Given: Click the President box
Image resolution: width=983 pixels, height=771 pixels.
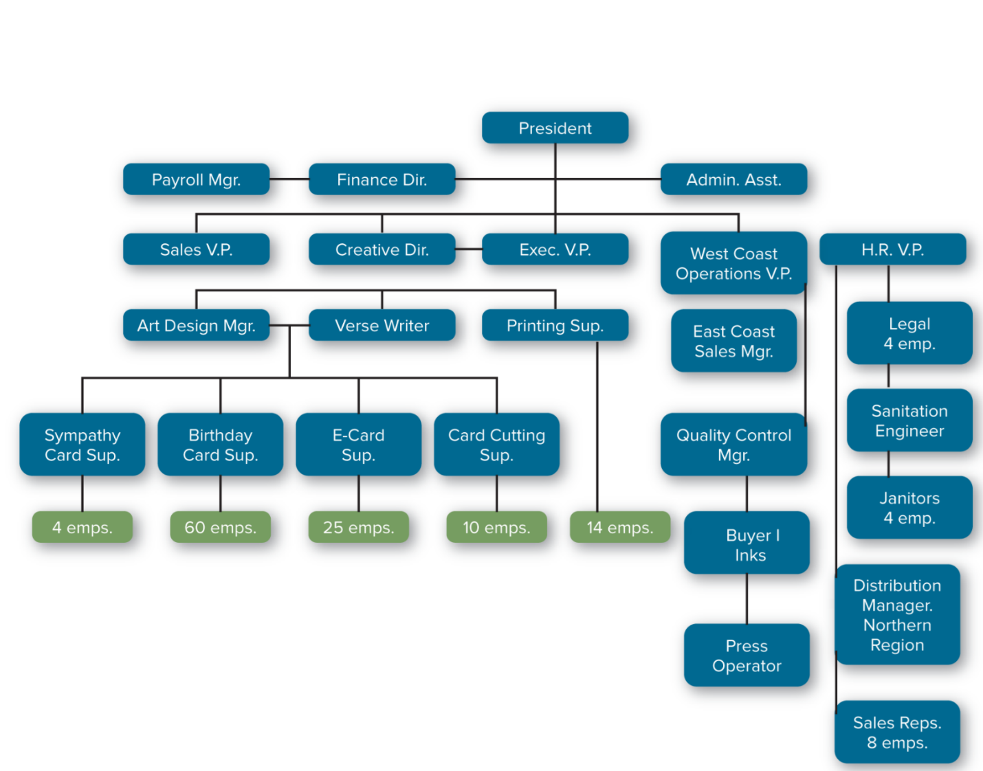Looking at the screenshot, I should pyautogui.click(x=555, y=128).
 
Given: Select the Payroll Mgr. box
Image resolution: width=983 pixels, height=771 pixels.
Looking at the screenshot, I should pyautogui.click(x=196, y=179).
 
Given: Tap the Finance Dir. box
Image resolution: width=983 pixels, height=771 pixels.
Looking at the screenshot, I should pyautogui.click(x=382, y=179).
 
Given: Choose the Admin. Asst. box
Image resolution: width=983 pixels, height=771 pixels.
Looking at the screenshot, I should pyautogui.click(x=733, y=179).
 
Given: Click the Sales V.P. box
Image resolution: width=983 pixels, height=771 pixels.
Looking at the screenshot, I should pyautogui.click(x=196, y=249).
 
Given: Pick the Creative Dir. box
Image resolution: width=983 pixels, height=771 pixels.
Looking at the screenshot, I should pyautogui.click(x=382, y=249).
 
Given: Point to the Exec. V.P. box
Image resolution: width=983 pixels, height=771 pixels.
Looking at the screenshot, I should pyautogui.click(x=555, y=249).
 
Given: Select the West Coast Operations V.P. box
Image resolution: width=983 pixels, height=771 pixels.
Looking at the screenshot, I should pyautogui.click(x=733, y=263).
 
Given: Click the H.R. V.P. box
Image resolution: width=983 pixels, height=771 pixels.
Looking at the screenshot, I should pyautogui.click(x=892, y=249).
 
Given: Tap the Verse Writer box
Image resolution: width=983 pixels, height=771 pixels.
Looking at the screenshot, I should pyautogui.click(x=382, y=325).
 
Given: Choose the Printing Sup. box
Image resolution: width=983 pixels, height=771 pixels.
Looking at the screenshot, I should pyautogui.click(x=555, y=325).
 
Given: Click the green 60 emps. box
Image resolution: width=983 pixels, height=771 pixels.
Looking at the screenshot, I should pyautogui.click(x=220, y=527).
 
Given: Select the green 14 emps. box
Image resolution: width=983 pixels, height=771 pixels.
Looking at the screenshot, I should pyautogui.click(x=619, y=527).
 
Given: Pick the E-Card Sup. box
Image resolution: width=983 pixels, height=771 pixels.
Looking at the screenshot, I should pyautogui.click(x=358, y=445).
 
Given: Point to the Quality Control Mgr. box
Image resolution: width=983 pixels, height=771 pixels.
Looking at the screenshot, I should pyautogui.click(x=733, y=445).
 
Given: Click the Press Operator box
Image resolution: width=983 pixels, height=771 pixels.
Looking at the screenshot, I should pyautogui.click(x=747, y=655).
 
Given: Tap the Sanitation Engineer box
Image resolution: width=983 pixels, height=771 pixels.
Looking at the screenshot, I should pyautogui.click(x=909, y=421).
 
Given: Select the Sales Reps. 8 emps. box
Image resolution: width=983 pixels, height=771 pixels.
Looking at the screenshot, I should pyautogui.click(x=897, y=732).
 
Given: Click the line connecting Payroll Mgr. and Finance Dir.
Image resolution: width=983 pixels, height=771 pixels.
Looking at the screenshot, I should pyautogui.click(x=289, y=179).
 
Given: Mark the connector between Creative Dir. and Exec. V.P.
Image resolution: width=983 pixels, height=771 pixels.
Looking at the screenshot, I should pyautogui.click(x=468, y=249).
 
